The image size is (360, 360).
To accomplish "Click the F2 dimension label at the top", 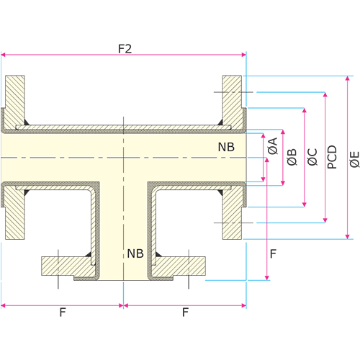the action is click(x=125, y=49).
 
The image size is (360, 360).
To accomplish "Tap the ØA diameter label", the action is click(x=273, y=145).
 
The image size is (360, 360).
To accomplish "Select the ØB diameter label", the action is click(x=292, y=157).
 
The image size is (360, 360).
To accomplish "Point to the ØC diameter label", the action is click(x=312, y=157).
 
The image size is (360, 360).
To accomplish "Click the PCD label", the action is click(x=333, y=157).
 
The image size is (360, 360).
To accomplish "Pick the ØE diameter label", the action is click(x=354, y=159).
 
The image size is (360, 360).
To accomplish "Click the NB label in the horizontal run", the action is click(x=226, y=147).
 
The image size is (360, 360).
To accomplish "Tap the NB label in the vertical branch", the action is click(x=135, y=253).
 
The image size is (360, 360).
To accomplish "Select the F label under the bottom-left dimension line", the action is click(x=63, y=312).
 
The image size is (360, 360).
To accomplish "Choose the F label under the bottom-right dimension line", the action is click(x=185, y=312).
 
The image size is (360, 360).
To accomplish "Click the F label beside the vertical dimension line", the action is click(x=273, y=253).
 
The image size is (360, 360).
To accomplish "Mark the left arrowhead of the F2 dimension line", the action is click(x=3, y=55).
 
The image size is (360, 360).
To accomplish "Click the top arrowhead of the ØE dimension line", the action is click(x=347, y=78).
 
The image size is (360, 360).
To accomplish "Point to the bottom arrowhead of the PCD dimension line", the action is click(x=325, y=220).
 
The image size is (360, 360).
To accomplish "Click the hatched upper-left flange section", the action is click(x=14, y=102).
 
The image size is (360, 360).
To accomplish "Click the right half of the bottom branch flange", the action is click(x=179, y=266).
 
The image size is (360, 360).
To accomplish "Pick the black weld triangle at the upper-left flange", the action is click(x=27, y=122).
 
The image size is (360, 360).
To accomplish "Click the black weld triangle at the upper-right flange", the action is click(x=220, y=122).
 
